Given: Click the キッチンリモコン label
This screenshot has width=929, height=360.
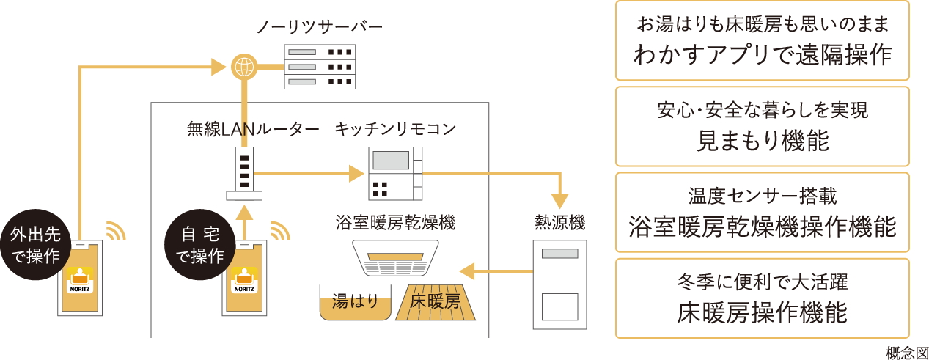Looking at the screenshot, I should coord(395,130).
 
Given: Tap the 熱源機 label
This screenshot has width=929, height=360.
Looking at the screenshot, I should coord(560,221).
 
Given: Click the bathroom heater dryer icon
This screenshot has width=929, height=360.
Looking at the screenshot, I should coord(396,257).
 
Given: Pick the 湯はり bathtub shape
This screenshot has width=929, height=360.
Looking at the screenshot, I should coord(356,302).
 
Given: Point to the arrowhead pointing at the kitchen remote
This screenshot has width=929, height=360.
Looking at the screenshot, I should coord(356,174).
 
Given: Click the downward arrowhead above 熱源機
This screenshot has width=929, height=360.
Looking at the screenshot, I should coord(560,200).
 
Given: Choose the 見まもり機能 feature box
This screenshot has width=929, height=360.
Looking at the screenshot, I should coord(763,126).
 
